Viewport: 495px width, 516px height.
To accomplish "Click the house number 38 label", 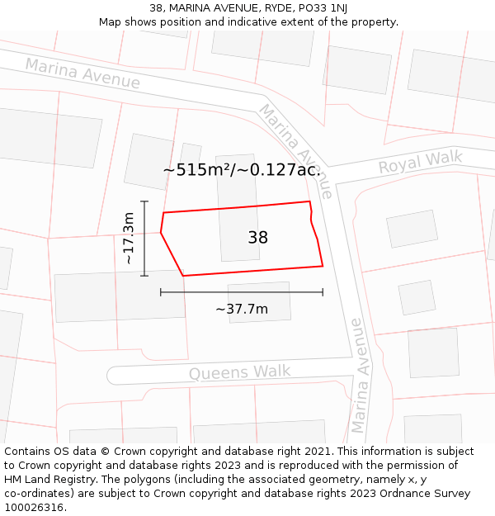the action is point(257,238).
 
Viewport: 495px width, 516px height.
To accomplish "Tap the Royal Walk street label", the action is point(420,162).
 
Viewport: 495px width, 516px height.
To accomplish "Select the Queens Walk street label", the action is point(239,372).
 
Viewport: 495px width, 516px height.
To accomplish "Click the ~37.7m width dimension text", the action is point(242,309).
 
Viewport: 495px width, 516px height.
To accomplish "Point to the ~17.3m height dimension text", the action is point(128,239).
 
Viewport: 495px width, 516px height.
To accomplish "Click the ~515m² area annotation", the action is point(241,170).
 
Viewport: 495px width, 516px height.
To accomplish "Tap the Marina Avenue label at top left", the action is point(82,73).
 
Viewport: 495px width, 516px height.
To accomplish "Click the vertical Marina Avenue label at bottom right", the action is point(357,376).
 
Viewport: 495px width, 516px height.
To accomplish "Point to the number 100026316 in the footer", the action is point(33,507).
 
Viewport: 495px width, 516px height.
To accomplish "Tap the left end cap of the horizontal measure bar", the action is point(161,291).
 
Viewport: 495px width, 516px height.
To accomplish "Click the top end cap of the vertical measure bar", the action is point(144,201).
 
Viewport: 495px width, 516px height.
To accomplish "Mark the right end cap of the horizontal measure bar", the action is point(323,291).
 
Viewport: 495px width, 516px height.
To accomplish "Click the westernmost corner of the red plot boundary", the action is point(161,232).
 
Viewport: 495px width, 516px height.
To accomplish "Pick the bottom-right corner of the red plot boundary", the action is point(323,266).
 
